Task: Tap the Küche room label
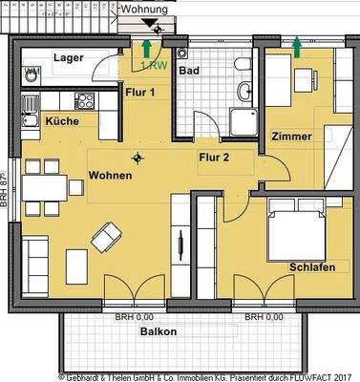[61, 121]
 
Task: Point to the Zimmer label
[291, 137]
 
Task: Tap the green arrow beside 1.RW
[145, 47]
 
